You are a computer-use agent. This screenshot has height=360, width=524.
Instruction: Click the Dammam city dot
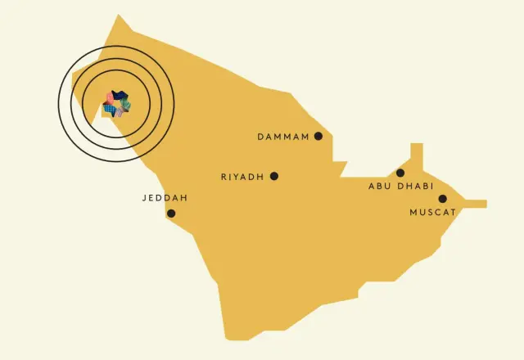pyautogui.click(x=318, y=136)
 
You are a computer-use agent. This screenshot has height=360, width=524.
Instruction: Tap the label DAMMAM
pyautogui.click(x=283, y=137)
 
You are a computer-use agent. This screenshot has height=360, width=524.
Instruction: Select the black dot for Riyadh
pyautogui.click(x=274, y=176)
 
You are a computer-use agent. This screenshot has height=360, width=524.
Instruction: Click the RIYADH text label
pyautogui.click(x=243, y=177)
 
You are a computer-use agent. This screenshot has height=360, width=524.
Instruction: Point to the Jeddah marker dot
pyautogui.click(x=171, y=214)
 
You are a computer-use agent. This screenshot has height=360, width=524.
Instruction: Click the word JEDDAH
pyautogui.click(x=165, y=198)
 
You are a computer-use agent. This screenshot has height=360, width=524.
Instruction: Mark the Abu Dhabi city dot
pyautogui.click(x=400, y=173)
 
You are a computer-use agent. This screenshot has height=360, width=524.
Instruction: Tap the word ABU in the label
pyautogui.click(x=380, y=187)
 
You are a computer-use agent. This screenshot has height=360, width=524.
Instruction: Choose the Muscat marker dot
pyautogui.click(x=443, y=199)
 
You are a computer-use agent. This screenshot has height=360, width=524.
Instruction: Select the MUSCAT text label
pyautogui.click(x=432, y=213)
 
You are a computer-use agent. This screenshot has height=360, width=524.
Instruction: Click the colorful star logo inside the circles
pyautogui.click(x=115, y=104)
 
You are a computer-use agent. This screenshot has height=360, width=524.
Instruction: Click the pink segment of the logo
pyautogui.click(x=109, y=99)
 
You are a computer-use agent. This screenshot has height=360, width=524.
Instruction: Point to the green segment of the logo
pyautogui.click(x=125, y=104)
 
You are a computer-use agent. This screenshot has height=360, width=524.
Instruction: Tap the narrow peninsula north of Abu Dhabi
pyautogui.click(x=417, y=154)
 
